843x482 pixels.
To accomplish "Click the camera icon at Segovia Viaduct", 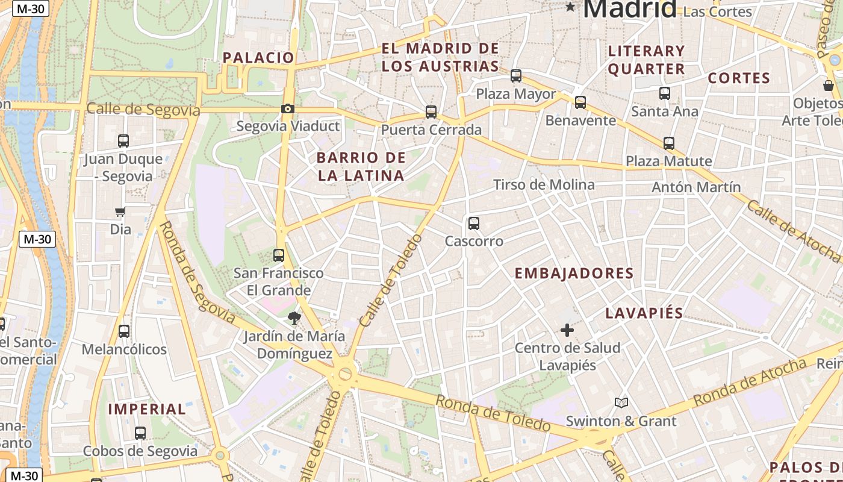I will tap(288, 109).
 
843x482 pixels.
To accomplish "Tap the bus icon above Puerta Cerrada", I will tap(431, 111).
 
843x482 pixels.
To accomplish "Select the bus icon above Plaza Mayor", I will tap(516, 76).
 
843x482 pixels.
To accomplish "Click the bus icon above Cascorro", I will tap(474, 224).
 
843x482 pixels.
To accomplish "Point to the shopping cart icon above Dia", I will tap(120, 211).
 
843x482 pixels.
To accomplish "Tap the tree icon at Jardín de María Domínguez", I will tap(294, 318).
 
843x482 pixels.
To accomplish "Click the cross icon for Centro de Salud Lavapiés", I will tap(567, 330).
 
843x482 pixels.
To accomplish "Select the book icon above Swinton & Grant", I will tap(621, 402).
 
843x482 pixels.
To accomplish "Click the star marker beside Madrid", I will tap(570, 7).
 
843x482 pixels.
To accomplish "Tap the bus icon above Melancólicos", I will tap(124, 331).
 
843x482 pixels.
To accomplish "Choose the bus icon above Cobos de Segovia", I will tap(140, 433).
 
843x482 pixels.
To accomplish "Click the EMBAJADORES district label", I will tap(574, 274).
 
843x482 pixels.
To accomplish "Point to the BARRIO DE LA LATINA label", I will tap(361, 167).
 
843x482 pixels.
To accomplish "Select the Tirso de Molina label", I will tap(544, 185).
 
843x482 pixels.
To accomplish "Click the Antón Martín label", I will tap(696, 187).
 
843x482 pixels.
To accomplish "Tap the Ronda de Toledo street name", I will tap(493, 414).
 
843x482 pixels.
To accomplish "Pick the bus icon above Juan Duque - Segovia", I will tap(123, 141).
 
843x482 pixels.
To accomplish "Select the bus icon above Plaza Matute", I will tap(669, 143).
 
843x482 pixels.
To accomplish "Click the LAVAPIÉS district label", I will tap(644, 313).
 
